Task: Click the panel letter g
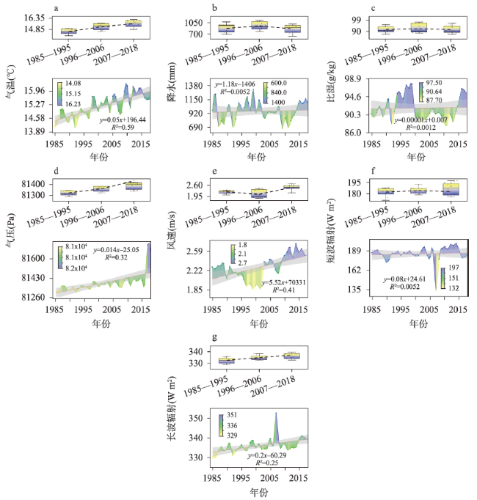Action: [x=214, y=339]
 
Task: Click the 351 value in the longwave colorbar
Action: [x=231, y=415]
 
